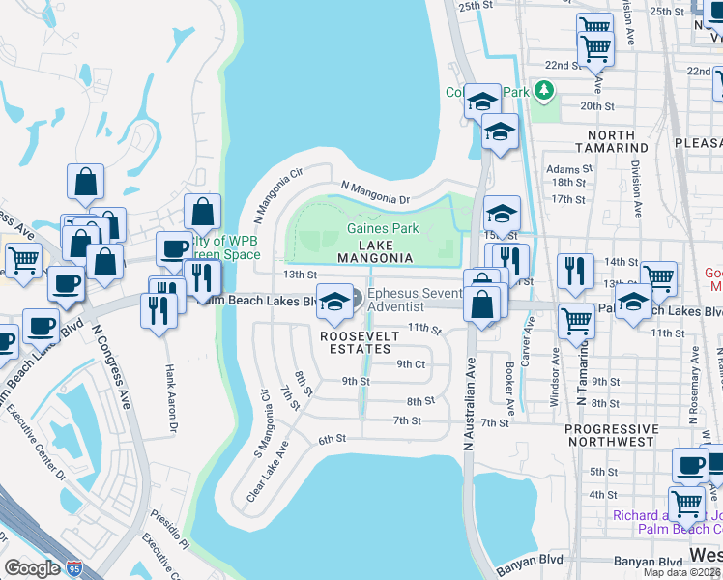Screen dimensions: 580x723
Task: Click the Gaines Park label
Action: [384, 229]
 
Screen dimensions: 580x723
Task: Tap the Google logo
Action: [32, 568]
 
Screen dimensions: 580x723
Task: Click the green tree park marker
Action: [545, 91]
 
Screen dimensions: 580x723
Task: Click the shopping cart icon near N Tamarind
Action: [576, 318]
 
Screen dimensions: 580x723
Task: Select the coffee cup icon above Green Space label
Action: [174, 249]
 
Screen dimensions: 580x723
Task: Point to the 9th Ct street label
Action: [411, 364]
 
